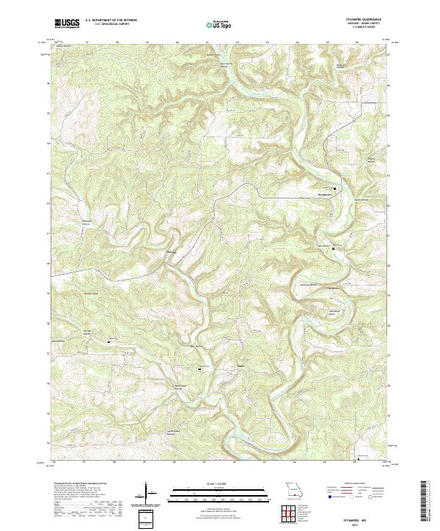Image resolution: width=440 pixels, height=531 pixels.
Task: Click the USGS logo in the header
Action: coord(67,24)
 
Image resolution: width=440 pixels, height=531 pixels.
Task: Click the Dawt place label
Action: coord(173,252)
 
